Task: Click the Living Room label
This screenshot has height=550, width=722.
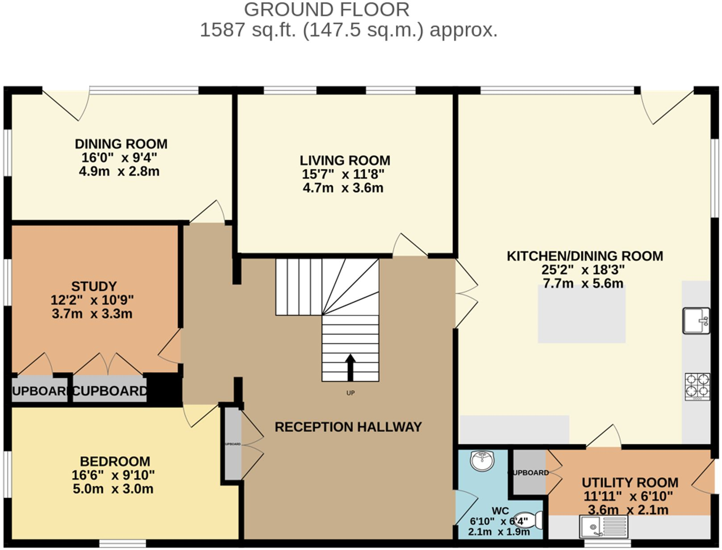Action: tap(345, 160)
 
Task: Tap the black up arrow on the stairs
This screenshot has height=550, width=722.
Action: tap(351, 367)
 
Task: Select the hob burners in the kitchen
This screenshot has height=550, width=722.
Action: tap(697, 386)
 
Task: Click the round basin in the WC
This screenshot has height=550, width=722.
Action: tap(482, 460)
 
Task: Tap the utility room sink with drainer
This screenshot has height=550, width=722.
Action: tap(603, 526)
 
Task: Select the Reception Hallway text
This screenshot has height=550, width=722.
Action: tap(348, 427)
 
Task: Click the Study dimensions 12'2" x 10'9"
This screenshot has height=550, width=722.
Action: tap(92, 300)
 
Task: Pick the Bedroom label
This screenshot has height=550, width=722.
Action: tap(115, 461)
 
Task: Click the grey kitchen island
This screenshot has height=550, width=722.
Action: tap(581, 314)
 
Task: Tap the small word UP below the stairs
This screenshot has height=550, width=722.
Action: tap(351, 393)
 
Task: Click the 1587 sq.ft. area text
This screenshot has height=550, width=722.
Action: tap(348, 30)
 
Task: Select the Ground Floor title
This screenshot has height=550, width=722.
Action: tap(326, 9)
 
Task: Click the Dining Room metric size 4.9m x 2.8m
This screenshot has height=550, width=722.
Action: tap(119, 171)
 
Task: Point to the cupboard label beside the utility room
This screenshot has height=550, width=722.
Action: tap(529, 472)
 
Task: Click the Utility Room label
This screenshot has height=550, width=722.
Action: tap(630, 483)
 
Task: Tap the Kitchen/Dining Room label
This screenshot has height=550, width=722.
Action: tap(584, 256)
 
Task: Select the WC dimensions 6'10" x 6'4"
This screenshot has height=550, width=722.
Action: tap(499, 521)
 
